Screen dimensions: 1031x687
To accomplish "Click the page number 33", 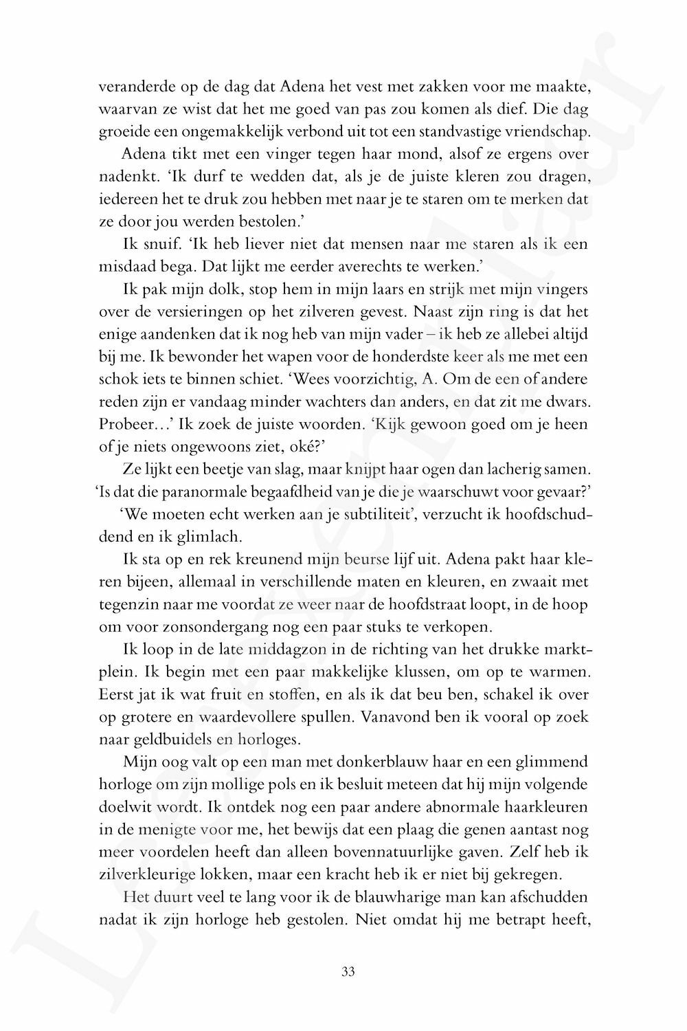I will (347, 971).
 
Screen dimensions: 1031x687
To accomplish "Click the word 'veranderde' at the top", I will (134, 87).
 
